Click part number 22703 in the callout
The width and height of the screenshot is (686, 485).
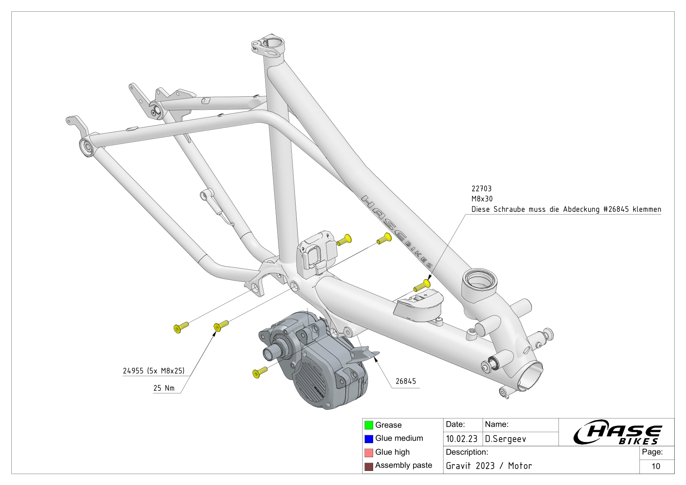(x=481, y=189)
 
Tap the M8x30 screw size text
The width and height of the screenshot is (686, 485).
(x=482, y=199)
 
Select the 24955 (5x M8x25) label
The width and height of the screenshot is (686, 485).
(x=153, y=371)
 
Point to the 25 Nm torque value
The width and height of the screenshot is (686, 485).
(x=163, y=388)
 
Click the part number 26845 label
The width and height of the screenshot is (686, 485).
(x=406, y=381)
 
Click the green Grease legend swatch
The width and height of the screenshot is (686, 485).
(x=368, y=425)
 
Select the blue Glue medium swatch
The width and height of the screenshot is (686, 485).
(x=368, y=439)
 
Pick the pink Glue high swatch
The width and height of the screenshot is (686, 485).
(x=368, y=453)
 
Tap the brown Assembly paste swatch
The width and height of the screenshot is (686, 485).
(x=368, y=466)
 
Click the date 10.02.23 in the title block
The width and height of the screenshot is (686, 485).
(x=462, y=439)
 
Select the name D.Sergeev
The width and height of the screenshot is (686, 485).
(x=505, y=439)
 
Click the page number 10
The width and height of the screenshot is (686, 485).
(x=656, y=466)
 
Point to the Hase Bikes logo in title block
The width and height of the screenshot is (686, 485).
(x=617, y=433)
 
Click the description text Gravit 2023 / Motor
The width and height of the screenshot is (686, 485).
(x=489, y=466)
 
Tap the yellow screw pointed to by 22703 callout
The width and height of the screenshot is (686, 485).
(x=422, y=285)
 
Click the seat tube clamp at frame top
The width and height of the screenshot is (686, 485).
(x=268, y=46)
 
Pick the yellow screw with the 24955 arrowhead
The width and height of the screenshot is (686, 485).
(x=221, y=326)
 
